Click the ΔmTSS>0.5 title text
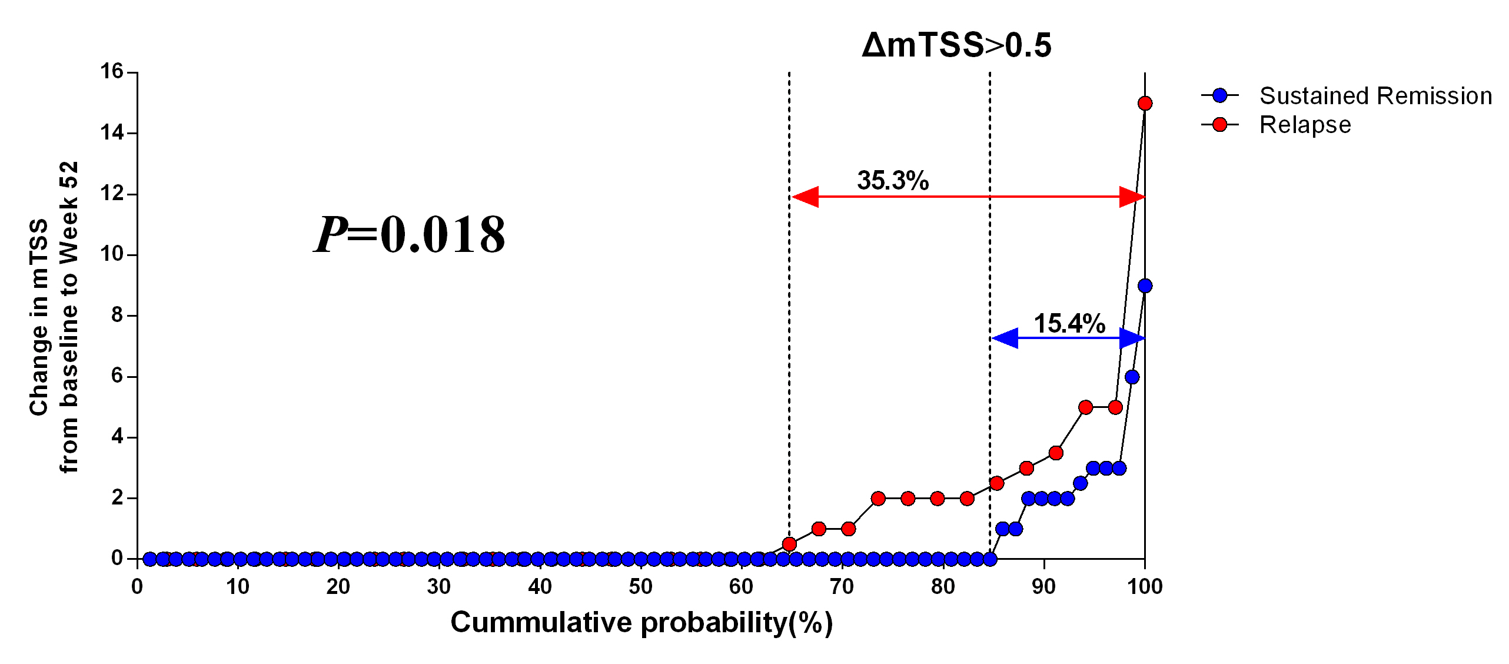click(956, 45)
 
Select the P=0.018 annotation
click(410, 235)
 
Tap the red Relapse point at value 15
click(1145, 104)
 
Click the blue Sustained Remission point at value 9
click(1145, 286)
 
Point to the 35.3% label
click(893, 181)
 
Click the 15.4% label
click(1069, 324)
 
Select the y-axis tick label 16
click(112, 72)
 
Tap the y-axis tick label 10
click(112, 254)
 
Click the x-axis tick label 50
click(640, 587)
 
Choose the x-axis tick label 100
click(1145, 587)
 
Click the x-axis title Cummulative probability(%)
click(642, 623)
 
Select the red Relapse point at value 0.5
click(789, 544)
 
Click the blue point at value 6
click(1132, 377)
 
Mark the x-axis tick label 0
click(137, 587)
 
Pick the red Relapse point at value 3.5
click(1056, 453)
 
